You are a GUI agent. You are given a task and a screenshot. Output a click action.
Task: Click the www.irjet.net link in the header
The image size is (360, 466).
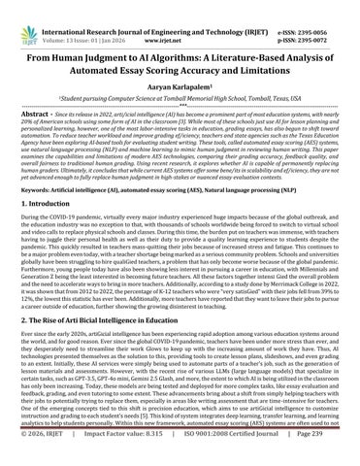180,17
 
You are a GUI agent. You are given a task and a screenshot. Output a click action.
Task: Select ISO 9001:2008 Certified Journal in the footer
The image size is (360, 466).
225,457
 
